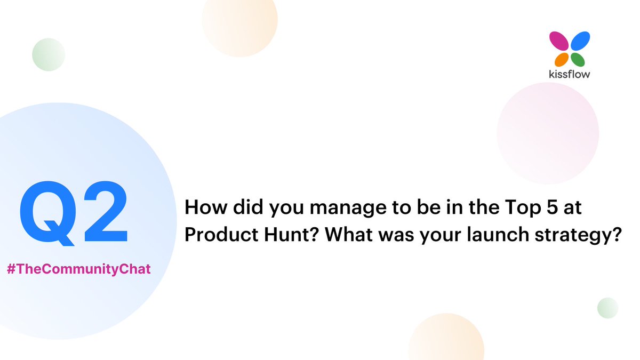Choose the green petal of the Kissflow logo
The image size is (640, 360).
coord(578,59)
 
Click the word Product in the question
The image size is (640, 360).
coord(212,235)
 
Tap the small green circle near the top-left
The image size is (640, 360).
coord(49,54)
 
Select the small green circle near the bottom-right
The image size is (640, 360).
coord(607,308)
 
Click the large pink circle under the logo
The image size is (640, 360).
coord(547,133)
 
